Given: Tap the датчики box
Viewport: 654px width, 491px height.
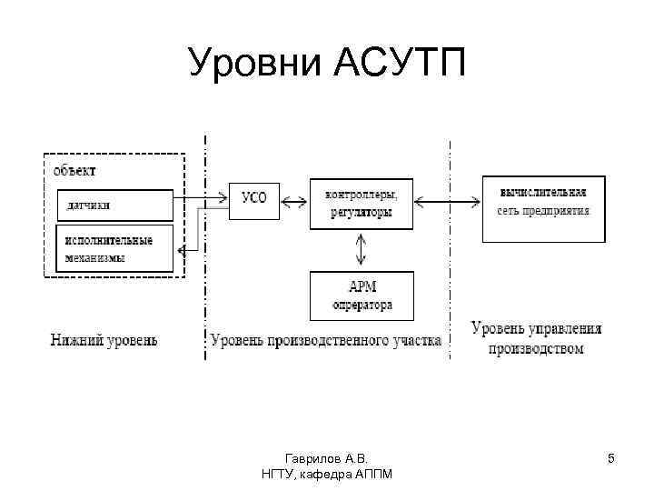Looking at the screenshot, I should [114, 205].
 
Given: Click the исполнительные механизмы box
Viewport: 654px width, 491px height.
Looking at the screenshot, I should [114, 248].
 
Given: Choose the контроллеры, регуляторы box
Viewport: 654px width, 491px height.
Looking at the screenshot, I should [361, 203].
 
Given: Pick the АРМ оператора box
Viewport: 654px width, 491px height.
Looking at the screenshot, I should [362, 296].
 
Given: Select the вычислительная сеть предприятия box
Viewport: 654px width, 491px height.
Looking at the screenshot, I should [543, 208].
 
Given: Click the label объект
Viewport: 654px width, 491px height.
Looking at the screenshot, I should [74, 170].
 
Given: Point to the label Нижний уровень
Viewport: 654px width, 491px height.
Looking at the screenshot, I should [103, 341].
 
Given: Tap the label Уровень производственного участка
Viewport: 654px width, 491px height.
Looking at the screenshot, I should [326, 341].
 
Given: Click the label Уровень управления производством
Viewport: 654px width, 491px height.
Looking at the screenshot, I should [536, 337].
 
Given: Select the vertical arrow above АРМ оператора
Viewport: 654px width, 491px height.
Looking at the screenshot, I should [362, 248].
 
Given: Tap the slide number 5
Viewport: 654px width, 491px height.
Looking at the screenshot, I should [611, 458].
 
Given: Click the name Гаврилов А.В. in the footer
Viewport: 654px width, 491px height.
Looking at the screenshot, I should [326, 458].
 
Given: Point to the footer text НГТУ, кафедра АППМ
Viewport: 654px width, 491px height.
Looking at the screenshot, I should [326, 475].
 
